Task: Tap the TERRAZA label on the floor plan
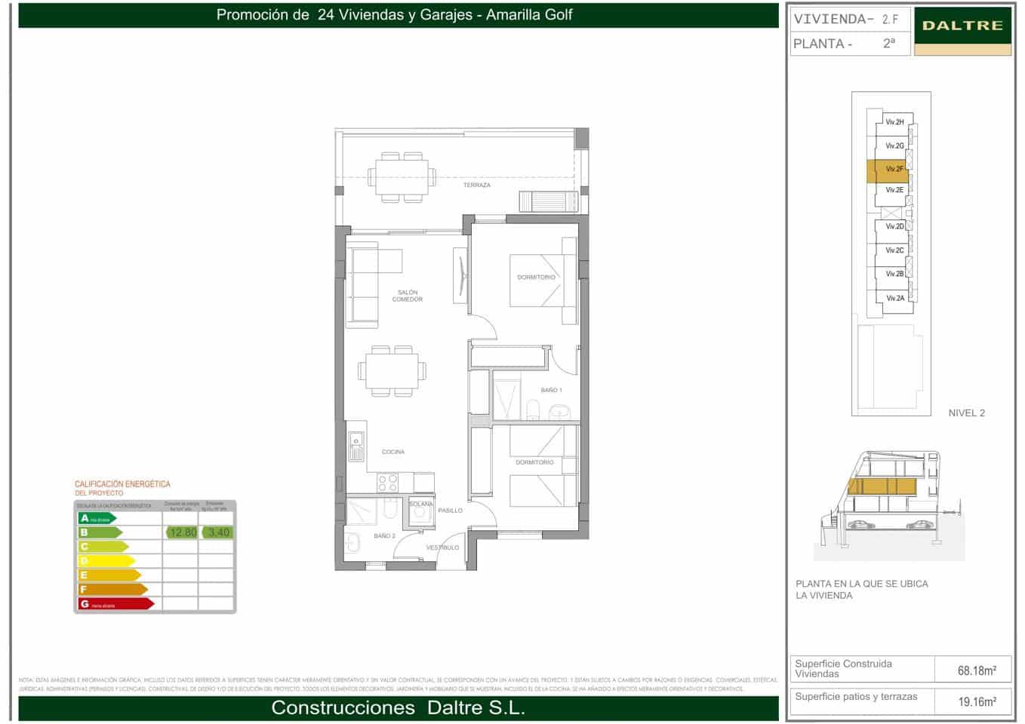pos(476,185)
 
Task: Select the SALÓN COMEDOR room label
pos(407,296)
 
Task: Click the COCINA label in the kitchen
pos(392,452)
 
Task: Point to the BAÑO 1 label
pos(551,390)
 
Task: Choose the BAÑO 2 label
pos(384,535)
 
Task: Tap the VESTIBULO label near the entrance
pos(442,548)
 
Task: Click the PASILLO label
pos(450,511)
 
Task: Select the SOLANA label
pos(421,504)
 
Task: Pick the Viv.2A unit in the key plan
pos(894,299)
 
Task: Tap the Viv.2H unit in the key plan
pos(894,122)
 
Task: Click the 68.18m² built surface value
pos(977,670)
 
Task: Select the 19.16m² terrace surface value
pos(977,701)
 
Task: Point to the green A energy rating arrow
pos(97,518)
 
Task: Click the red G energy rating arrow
pos(115,603)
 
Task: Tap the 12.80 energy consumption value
pos(183,532)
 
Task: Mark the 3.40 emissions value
pos(218,532)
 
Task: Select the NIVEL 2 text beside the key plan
pos(966,413)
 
